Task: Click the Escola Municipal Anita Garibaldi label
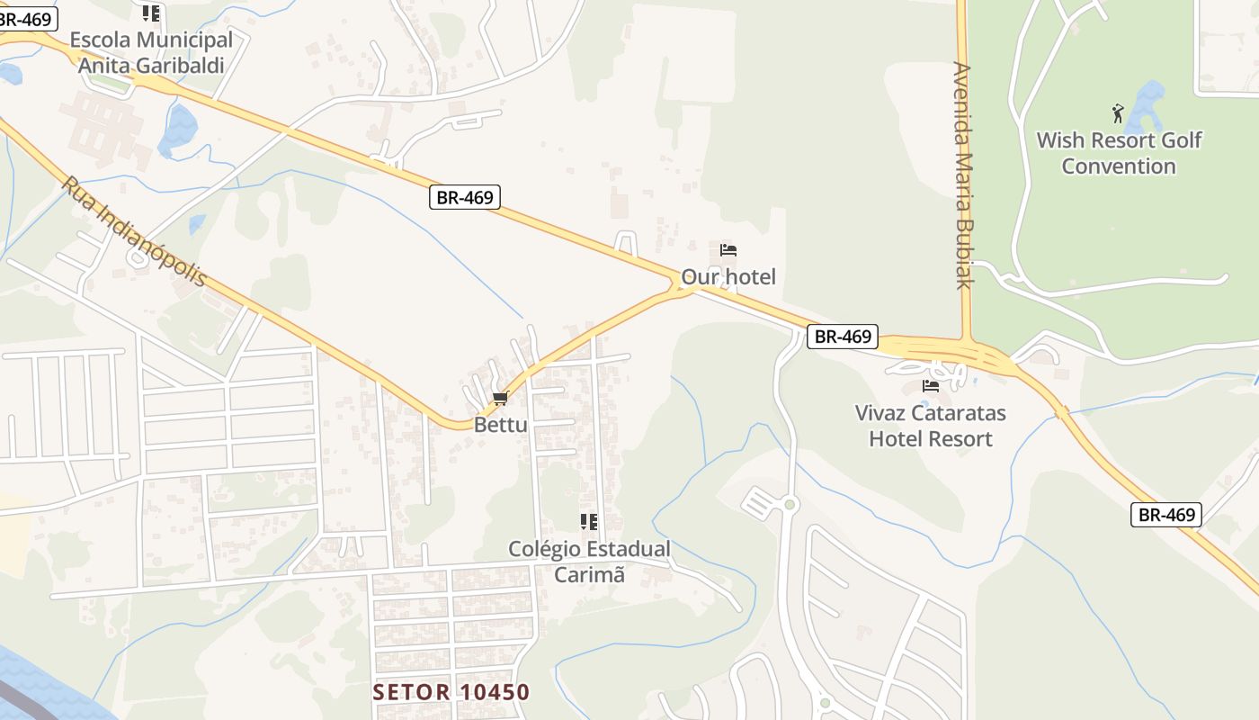point(151,52)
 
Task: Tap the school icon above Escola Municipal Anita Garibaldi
point(151,13)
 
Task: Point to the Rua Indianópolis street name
point(134,231)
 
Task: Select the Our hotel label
point(728,276)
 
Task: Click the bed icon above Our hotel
point(728,249)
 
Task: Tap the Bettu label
point(501,425)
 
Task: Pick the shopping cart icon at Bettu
point(501,398)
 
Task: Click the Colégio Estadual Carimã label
point(589,562)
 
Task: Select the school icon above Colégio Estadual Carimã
point(589,522)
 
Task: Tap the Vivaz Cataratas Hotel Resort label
point(930,426)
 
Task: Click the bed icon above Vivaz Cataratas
point(930,386)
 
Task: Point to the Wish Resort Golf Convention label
point(1119,153)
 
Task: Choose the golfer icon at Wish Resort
point(1118,113)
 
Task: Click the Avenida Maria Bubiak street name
point(964,175)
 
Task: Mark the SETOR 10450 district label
point(451,692)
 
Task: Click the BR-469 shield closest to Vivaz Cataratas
point(842,337)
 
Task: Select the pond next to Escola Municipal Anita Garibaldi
point(178,128)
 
